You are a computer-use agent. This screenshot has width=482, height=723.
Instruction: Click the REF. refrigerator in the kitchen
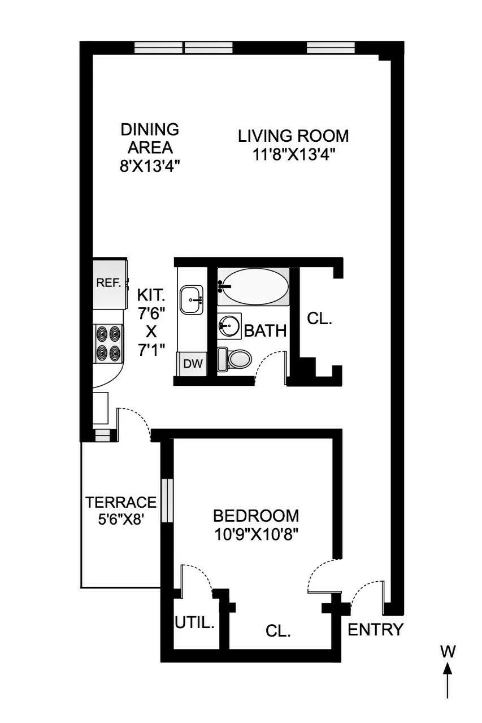109,282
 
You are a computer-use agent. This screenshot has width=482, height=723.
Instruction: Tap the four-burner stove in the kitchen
108,343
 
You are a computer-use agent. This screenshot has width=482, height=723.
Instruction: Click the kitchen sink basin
192,299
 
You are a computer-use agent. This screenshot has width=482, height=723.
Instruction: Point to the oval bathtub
254,286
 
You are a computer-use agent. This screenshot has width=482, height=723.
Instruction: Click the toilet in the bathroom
236,359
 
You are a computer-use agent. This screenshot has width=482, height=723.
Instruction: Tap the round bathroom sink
229,326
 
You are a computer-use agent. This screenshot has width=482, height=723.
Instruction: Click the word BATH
265,331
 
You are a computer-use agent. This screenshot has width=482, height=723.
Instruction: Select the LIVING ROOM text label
293,136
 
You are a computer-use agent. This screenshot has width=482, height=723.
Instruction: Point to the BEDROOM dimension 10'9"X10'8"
255,534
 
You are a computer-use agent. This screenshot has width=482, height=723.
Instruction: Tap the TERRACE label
120,502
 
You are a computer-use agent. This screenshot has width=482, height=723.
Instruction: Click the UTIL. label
194,624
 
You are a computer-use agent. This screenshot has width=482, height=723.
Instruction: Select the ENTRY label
375,629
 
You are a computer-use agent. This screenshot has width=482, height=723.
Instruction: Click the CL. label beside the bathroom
319,319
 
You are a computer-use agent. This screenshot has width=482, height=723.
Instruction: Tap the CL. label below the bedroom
277,631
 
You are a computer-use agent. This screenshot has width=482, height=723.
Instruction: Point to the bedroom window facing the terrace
167,500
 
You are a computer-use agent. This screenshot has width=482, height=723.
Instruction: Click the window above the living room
331,48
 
